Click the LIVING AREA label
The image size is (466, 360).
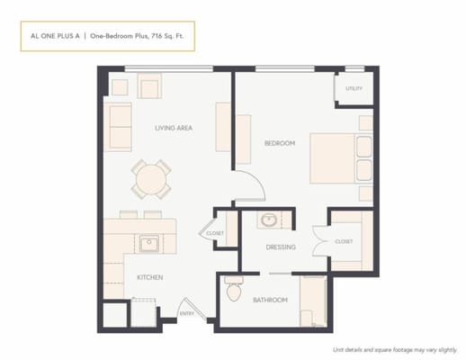pyautogui.click(x=174, y=128)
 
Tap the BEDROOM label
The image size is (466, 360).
pyautogui.click(x=280, y=143)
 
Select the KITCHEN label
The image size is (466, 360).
pyautogui.click(x=149, y=278)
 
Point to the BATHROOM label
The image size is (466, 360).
pyautogui.click(x=270, y=300)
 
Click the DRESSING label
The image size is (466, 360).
pyautogui.click(x=281, y=247)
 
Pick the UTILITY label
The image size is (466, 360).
pyautogui.click(x=354, y=89)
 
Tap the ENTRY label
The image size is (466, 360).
pyautogui.click(x=187, y=314)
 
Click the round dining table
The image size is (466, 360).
pyautogui.click(x=151, y=178)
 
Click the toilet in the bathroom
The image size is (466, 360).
pyautogui.click(x=235, y=290)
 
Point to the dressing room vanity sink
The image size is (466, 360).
pyautogui.click(x=268, y=220)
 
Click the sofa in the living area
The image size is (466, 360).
pyautogui.click(x=119, y=127)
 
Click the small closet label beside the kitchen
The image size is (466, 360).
pyautogui.click(x=215, y=234)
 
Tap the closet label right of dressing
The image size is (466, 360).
pyautogui.click(x=344, y=241)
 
